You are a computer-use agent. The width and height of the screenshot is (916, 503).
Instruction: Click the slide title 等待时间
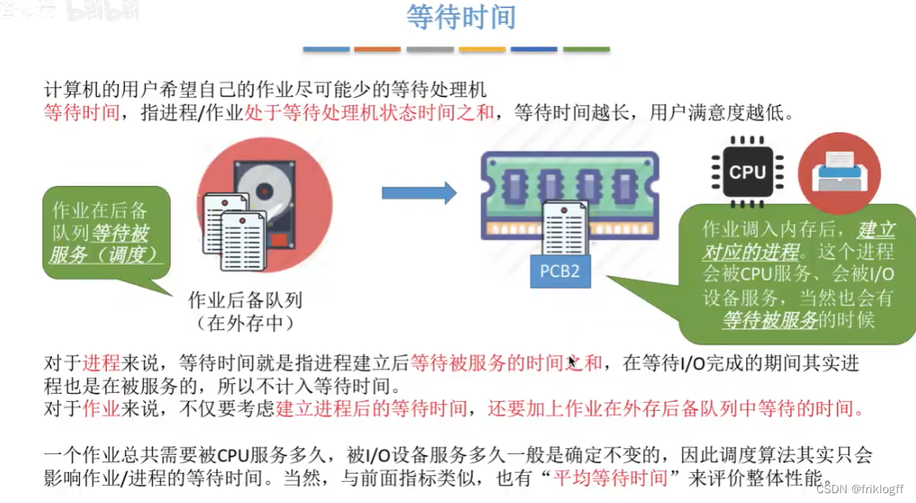461,18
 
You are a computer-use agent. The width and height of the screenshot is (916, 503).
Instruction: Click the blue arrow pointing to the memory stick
418,193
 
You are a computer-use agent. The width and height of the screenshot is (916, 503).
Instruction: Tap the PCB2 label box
560,270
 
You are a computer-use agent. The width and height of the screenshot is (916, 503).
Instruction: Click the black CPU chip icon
747,171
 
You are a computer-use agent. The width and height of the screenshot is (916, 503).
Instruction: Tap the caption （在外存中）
245,323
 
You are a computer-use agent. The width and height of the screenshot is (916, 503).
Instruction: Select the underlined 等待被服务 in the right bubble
770,320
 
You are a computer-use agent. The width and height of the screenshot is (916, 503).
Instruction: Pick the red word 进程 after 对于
103,363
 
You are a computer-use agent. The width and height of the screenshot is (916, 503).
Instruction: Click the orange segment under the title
378,50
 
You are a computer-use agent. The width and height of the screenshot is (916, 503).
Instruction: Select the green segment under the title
586,50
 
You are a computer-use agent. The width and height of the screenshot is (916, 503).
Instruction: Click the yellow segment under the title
482,50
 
